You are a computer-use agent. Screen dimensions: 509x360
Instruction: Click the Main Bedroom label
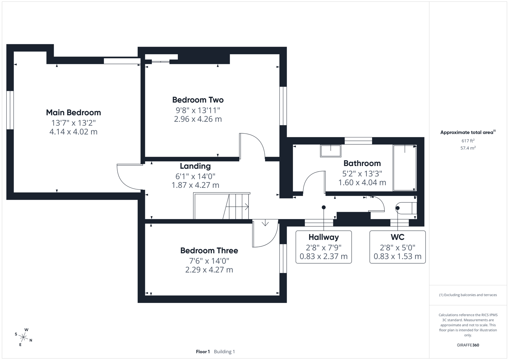[x=73, y=113]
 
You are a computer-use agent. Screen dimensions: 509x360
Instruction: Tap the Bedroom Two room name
[x=198, y=100]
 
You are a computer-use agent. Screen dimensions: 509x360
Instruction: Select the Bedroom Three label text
[x=209, y=250]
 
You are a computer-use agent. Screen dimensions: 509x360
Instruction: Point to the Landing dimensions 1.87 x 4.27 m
[x=195, y=185]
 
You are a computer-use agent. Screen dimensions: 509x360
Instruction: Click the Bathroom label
[x=362, y=163]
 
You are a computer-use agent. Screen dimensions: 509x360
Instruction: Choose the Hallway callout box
[x=324, y=247]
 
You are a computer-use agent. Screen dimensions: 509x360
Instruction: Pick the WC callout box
[x=397, y=247]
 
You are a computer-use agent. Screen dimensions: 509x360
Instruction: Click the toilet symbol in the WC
[x=406, y=208]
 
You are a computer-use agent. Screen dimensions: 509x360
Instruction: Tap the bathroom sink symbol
[x=331, y=151]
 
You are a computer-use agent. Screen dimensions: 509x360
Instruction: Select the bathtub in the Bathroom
[x=405, y=168]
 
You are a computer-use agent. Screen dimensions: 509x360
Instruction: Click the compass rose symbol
[x=23, y=337]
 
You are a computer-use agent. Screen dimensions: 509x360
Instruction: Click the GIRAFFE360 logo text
[x=468, y=345]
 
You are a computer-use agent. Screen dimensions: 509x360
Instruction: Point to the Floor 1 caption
[x=203, y=352]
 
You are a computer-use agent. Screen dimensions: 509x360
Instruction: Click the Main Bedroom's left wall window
[x=10, y=110]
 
